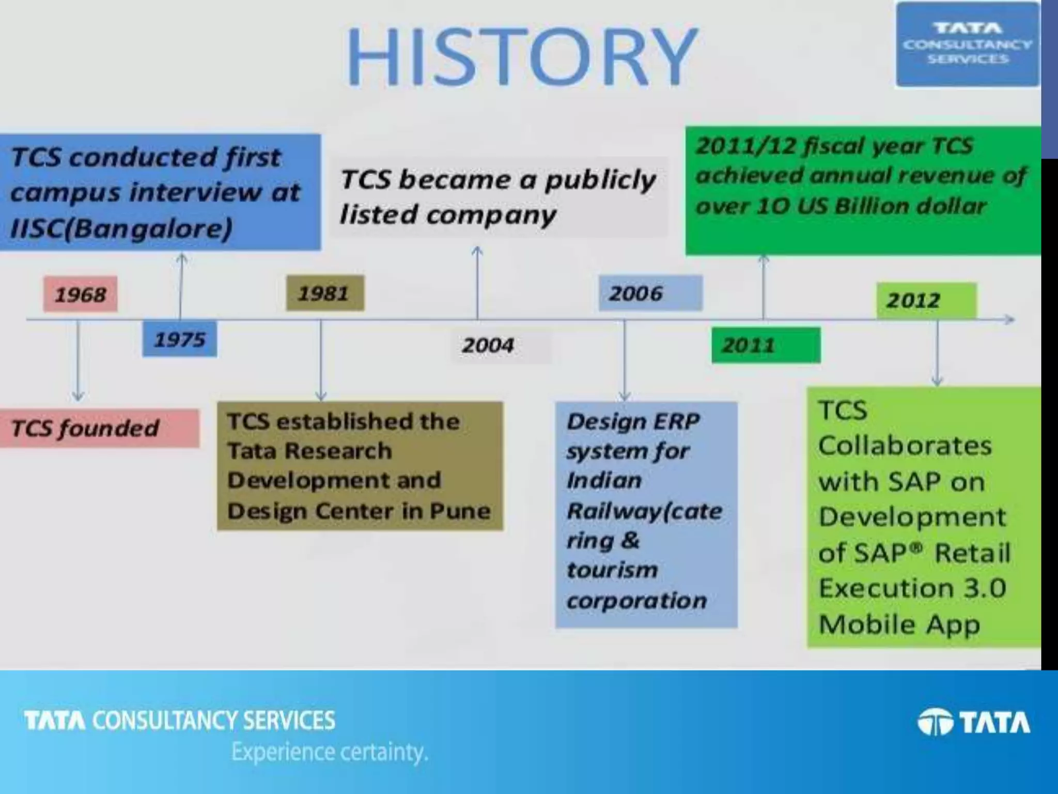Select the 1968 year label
point(81,295)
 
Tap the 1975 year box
point(180,340)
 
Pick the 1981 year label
point(325,294)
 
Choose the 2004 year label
point(488,345)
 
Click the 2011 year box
point(749,345)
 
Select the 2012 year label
point(913,300)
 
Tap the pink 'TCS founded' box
point(86,428)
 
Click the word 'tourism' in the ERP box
point(613,570)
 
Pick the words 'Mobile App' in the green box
point(899,624)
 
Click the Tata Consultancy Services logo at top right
point(967,44)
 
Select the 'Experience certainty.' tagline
point(330,752)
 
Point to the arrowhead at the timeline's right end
point(1009,320)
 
